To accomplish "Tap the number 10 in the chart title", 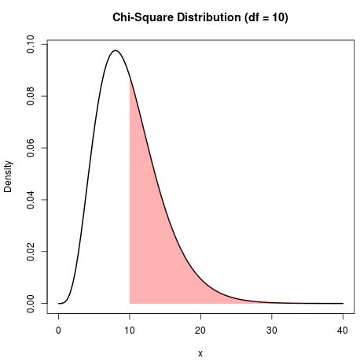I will [x=277, y=17].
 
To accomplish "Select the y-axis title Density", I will [x=9, y=177].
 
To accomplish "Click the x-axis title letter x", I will [x=200, y=353].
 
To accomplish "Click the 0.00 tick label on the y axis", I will [x=31, y=303].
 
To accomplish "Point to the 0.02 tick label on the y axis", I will [x=31, y=251].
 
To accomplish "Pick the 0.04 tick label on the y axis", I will [x=31, y=200].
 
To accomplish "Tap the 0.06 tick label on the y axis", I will [x=31, y=148].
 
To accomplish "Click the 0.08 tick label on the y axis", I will [x=31, y=96].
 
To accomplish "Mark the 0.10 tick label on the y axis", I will [x=31, y=45].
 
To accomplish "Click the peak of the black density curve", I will [x=116, y=50].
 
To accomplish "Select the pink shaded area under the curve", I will [x=153, y=236].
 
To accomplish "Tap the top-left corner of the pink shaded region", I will [x=130, y=78].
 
